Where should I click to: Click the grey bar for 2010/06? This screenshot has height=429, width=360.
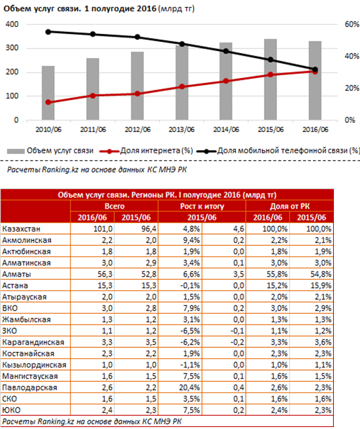coord(48,93)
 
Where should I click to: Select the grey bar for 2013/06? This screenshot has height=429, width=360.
coord(182,82)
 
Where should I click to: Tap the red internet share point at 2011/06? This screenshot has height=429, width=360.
coord(93,95)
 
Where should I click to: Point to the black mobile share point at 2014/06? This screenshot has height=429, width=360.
coord(226,51)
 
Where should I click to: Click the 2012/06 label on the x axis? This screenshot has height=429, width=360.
coord(137,129)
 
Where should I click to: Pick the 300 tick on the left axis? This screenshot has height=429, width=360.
coord(12,48)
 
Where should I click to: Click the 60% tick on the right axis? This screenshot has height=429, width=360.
coord(352,24)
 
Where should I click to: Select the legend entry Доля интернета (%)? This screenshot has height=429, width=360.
coord(146,151)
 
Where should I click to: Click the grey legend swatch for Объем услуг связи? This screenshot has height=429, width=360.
coord(16,151)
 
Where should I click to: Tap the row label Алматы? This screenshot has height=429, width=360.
coord(17,274)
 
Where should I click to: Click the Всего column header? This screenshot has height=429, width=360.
coord(114,206)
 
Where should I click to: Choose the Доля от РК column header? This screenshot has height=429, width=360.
coord(289,206)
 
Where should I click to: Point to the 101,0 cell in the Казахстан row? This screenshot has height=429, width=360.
coord(103,229)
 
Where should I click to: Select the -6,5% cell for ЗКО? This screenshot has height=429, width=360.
coord(190,331)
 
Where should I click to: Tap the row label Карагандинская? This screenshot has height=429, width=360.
coord(33,342)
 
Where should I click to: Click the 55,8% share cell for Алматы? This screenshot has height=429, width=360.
coord(277,274)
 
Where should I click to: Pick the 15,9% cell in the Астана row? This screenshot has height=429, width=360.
coord(321,286)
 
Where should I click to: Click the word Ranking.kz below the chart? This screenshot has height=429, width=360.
coord(60,169)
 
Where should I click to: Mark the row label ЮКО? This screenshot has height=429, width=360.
coord(11,410)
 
